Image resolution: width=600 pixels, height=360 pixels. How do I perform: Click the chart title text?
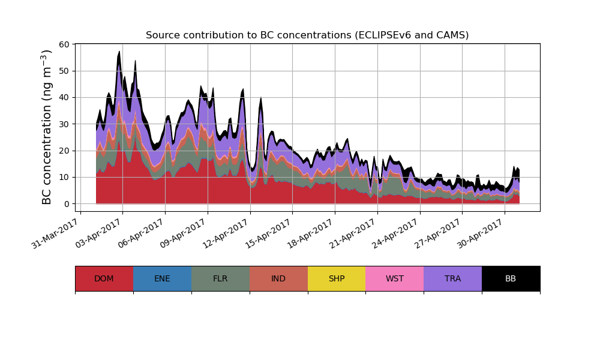point(307,35)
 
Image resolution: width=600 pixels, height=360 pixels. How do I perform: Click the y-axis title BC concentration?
point(47,127)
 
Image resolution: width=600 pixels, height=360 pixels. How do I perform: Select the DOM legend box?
point(104,278)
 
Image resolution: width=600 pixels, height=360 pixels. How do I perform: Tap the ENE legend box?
point(162,278)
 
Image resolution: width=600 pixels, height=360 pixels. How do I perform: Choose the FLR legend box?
point(220,278)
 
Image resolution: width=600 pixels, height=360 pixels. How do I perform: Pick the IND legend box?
point(278,278)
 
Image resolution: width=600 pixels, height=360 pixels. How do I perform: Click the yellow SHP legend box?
point(337,278)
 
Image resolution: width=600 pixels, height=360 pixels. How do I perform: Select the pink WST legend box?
point(395,278)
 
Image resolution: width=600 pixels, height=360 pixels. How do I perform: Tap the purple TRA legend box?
point(453,278)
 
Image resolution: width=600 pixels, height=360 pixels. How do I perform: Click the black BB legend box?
point(511,278)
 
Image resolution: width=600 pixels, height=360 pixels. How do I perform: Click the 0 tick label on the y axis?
point(67,204)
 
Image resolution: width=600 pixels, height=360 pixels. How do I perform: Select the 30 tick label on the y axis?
point(64,124)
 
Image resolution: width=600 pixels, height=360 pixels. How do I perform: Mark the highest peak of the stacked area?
point(119,52)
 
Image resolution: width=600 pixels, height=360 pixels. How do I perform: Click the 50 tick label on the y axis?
point(64,71)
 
